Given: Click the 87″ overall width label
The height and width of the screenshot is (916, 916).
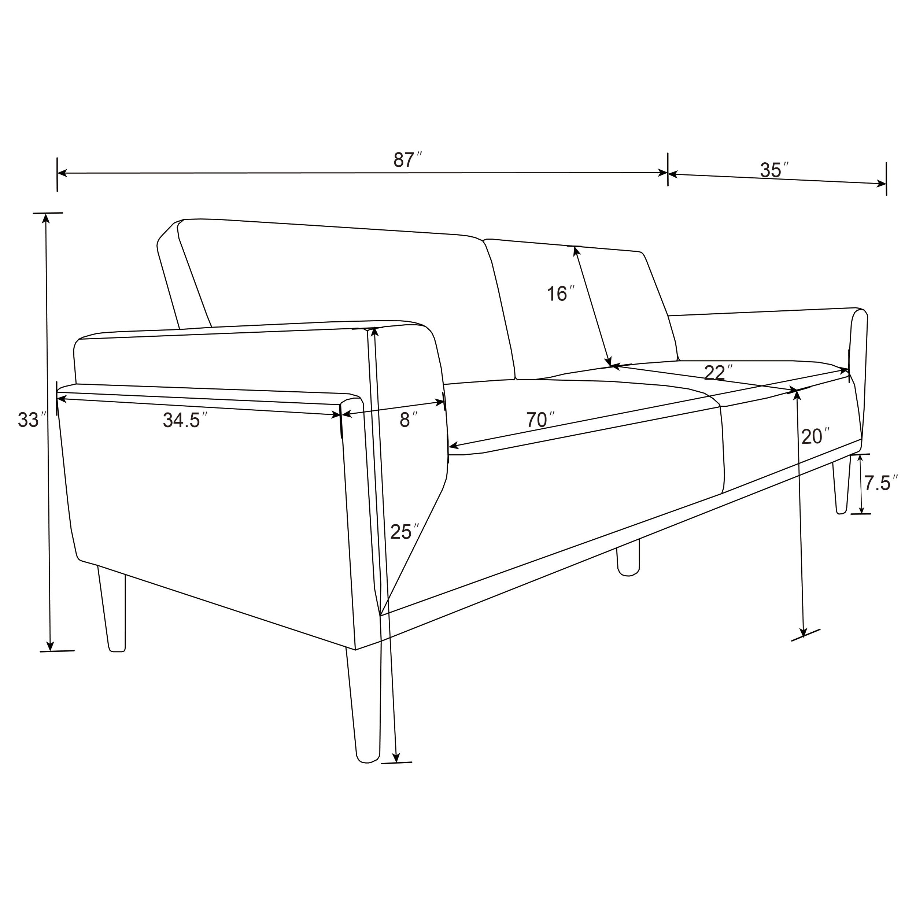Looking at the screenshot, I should [x=407, y=160].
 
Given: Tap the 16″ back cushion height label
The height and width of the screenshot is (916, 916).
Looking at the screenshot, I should [x=561, y=294].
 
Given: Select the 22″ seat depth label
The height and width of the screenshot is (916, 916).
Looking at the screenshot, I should [x=718, y=373].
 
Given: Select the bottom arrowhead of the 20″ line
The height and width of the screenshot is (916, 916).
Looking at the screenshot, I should [x=803, y=634].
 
